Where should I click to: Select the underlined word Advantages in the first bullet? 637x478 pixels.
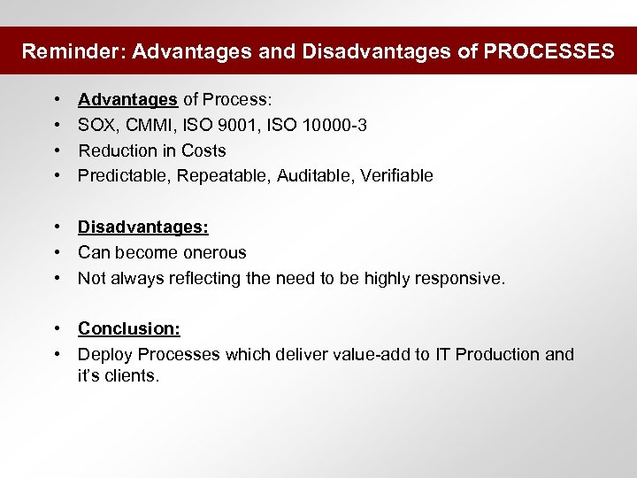point(127,100)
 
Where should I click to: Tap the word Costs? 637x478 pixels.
point(203,150)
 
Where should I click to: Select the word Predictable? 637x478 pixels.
point(123,175)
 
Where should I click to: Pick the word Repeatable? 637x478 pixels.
point(222,175)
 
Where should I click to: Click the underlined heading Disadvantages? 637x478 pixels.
point(143,227)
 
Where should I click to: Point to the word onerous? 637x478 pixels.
point(213,253)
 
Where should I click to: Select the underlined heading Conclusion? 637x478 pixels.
point(129,329)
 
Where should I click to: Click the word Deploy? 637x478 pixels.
point(104,355)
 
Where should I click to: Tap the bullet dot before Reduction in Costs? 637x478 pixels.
point(56,150)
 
